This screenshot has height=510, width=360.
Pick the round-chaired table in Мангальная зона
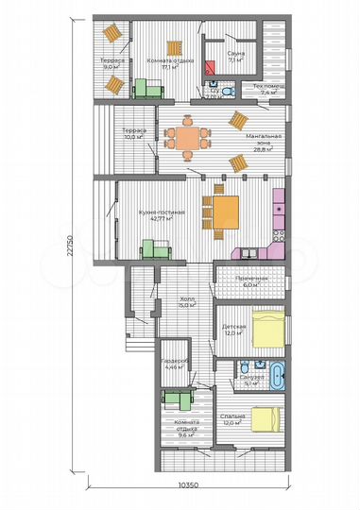click(x=185, y=137)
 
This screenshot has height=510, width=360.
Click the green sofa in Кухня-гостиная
click(x=154, y=248)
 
